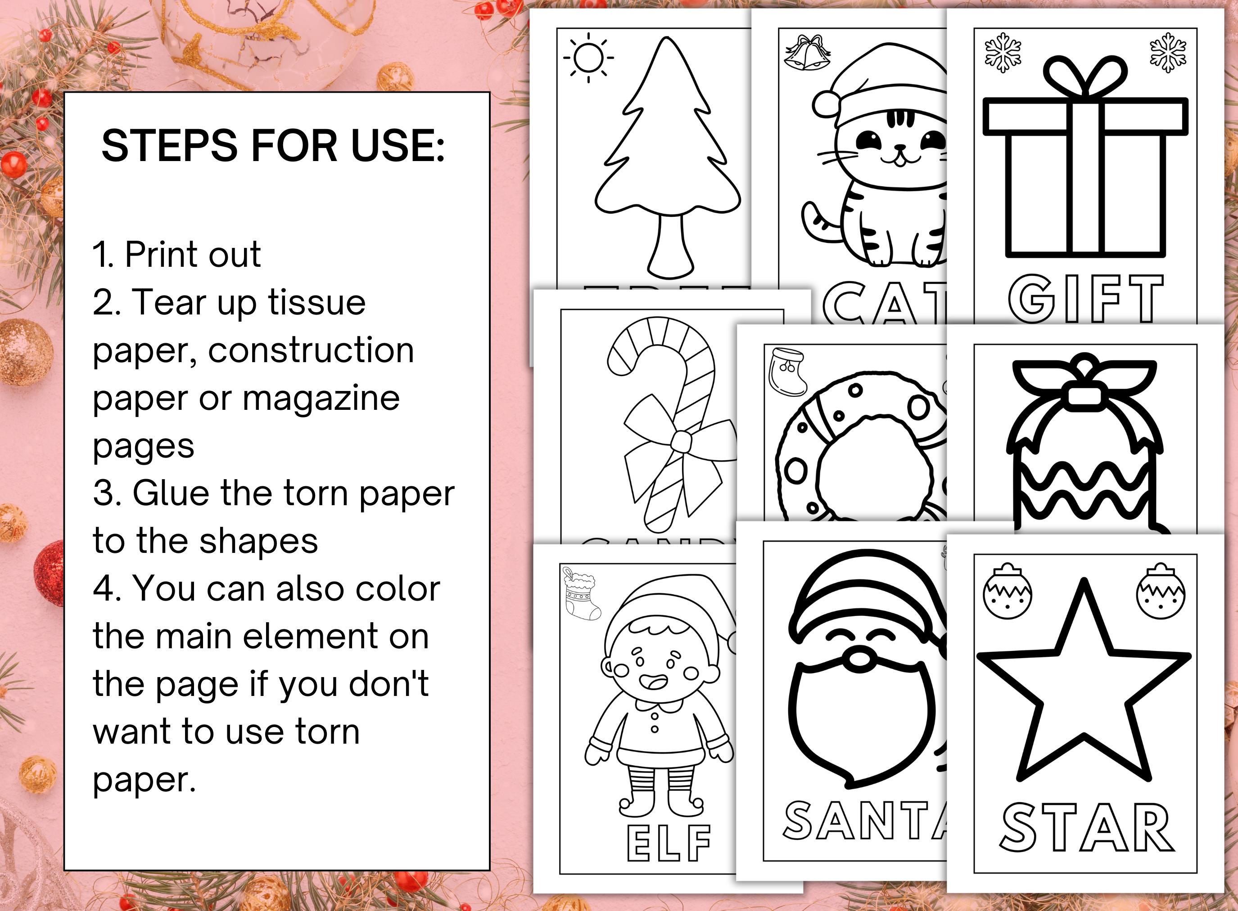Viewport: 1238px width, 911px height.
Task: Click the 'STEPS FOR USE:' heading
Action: [273, 146]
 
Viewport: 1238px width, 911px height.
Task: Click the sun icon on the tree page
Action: [588, 57]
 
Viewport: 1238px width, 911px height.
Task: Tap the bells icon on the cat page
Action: [807, 54]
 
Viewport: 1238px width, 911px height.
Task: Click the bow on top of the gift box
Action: [1084, 77]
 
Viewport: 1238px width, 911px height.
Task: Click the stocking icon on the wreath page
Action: [787, 371]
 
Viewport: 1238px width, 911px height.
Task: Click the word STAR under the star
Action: [1086, 827]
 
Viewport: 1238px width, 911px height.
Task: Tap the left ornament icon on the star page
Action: [1008, 592]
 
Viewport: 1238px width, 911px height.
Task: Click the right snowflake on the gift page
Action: [1167, 52]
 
